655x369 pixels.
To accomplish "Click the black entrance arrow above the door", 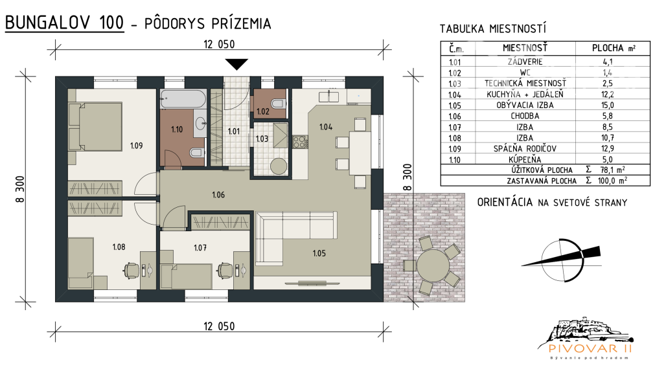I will point(238,63).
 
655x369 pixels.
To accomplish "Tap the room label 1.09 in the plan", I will point(135,146).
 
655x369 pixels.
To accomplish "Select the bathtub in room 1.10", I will point(182,99).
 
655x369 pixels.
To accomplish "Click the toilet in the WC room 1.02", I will point(279,103).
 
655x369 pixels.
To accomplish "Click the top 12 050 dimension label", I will point(218,44).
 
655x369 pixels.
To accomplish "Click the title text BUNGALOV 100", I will point(65,23).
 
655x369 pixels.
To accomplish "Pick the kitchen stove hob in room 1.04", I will point(300,142).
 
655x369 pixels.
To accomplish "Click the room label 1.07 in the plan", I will point(200,247).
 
